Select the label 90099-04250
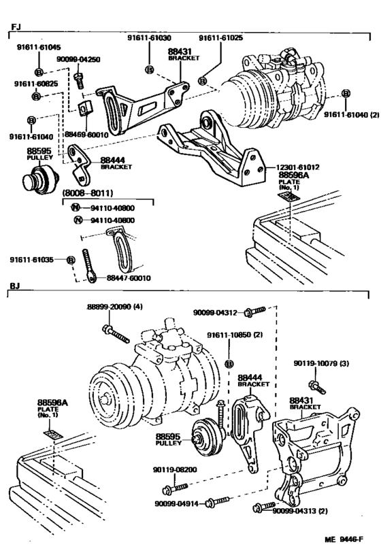pos(78,59)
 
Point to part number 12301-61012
pos(299,166)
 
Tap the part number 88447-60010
pos(129,278)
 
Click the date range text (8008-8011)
pos(88,193)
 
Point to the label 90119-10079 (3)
pos(322,363)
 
